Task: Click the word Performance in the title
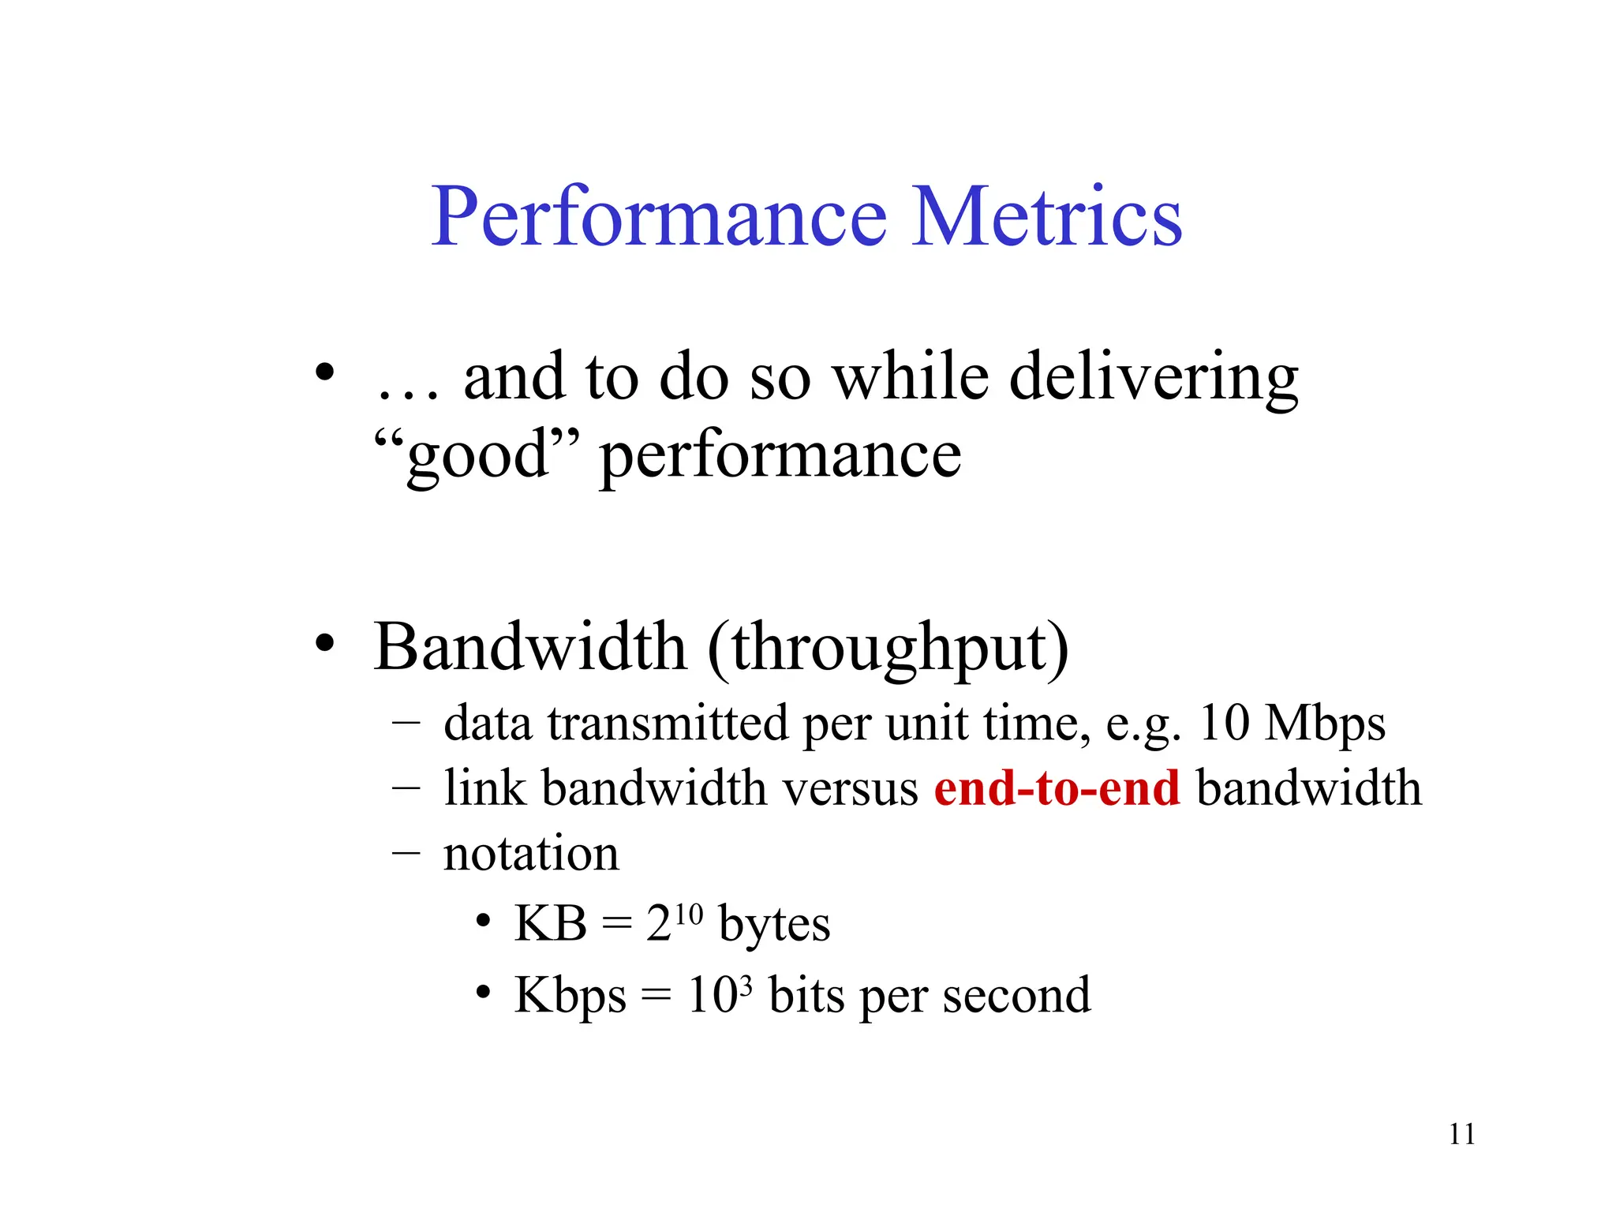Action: (659, 216)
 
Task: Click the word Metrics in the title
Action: (1046, 216)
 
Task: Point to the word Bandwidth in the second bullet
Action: (529, 647)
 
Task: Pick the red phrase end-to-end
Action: (1057, 788)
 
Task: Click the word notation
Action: (531, 854)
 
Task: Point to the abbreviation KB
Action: (550, 923)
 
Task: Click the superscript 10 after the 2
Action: (688, 914)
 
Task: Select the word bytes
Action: (774, 925)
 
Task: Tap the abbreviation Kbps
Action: (570, 996)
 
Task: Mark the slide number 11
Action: (1461, 1135)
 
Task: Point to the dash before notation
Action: (406, 854)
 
